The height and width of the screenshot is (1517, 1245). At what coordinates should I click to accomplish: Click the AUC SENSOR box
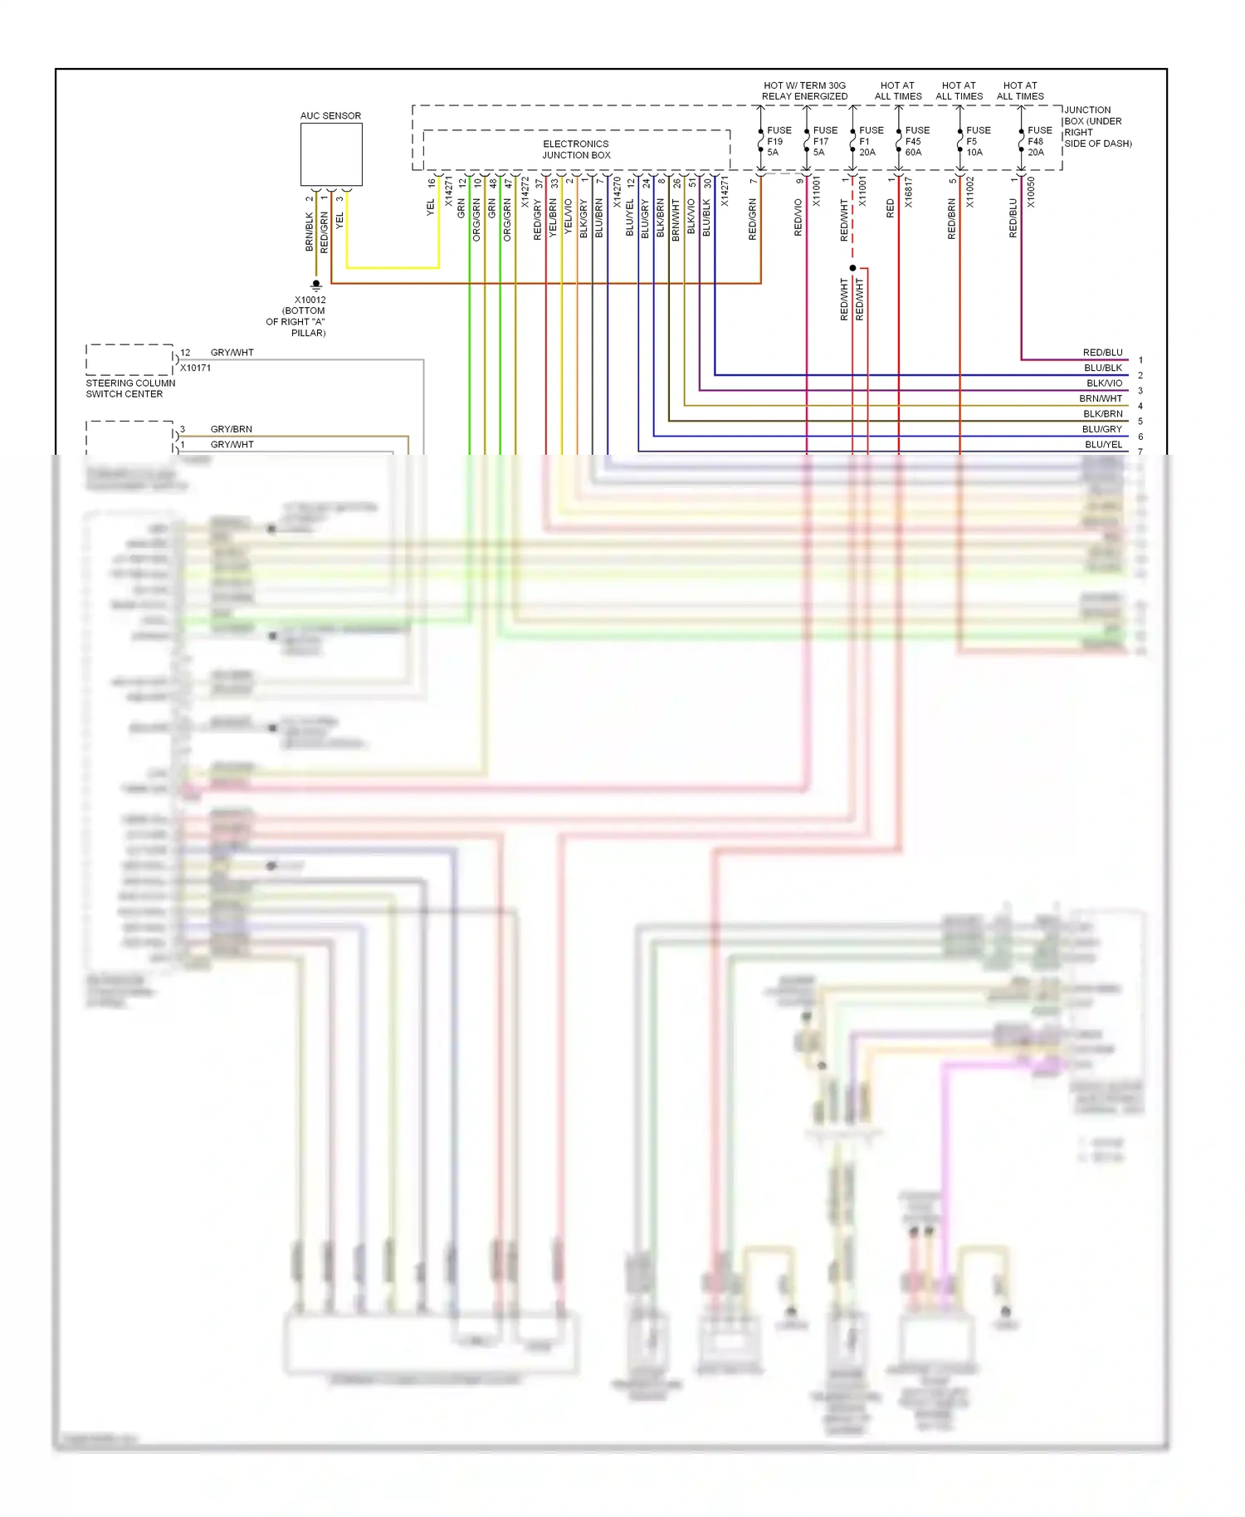331,155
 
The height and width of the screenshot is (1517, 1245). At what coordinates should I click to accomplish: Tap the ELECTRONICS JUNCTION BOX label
576,149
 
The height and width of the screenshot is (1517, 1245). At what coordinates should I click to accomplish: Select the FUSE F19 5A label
778,141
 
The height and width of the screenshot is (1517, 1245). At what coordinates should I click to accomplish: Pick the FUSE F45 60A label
916,141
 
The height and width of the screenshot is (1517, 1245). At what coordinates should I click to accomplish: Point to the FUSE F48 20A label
1038,141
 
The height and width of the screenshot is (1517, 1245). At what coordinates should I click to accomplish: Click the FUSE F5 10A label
977,141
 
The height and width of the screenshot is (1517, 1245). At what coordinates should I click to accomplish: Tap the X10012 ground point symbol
315,285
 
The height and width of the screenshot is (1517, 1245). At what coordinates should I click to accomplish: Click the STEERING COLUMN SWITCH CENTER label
130,388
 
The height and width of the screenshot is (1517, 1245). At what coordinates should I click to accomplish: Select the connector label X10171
196,368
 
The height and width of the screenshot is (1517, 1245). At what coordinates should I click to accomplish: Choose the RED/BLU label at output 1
1102,353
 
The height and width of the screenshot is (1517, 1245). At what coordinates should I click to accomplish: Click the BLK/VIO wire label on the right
1104,383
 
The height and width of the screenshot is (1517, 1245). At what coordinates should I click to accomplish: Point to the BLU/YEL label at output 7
1103,445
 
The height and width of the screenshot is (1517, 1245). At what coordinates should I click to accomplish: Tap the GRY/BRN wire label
232,429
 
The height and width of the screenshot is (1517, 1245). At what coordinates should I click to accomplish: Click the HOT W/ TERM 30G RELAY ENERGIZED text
804,90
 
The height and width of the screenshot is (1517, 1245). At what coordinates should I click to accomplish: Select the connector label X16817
909,192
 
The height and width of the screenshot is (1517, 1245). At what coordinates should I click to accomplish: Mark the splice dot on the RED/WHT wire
852,268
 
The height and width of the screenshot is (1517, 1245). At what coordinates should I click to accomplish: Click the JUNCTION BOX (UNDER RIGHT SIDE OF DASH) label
1096,126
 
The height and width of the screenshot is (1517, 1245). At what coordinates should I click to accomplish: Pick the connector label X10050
1031,192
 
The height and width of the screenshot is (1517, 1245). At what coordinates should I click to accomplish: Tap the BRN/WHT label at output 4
1101,398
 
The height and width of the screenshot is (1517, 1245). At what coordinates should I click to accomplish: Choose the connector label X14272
525,192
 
